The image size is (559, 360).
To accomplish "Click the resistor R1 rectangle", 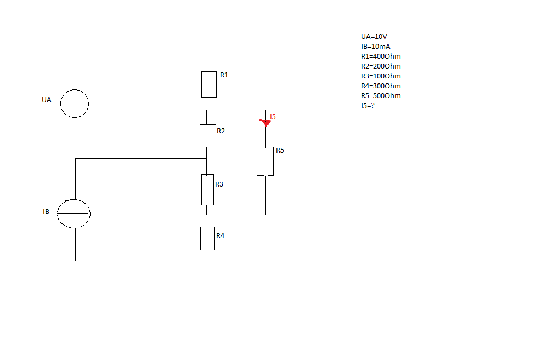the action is tap(202, 85).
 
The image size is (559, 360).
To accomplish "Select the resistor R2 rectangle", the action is tap(200, 136).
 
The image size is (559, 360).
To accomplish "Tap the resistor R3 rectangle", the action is tap(202, 189).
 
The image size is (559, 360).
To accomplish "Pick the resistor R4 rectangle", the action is tap(201, 238).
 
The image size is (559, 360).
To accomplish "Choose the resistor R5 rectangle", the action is tap(257, 161).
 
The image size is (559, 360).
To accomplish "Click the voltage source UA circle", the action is tap(60, 104).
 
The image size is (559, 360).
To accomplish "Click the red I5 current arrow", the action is tap(265, 123).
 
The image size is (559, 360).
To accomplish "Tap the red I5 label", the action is tap(273, 117).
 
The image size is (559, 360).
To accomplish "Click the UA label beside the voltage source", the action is tap(46, 100).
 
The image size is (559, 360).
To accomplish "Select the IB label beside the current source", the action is tap(46, 212).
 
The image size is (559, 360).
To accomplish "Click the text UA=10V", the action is tap(374, 37).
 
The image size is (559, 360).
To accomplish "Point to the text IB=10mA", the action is tap(376, 47).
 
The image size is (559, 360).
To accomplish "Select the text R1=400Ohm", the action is tap(381, 57).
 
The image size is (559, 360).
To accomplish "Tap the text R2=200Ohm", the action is tap(381, 66).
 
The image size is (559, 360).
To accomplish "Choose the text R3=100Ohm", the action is tap(381, 76).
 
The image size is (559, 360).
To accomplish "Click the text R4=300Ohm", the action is tap(381, 86).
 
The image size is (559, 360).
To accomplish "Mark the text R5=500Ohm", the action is tap(381, 96).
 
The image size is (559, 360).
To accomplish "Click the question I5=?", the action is tap(368, 105).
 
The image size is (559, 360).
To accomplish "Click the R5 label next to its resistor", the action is tap(280, 150).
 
